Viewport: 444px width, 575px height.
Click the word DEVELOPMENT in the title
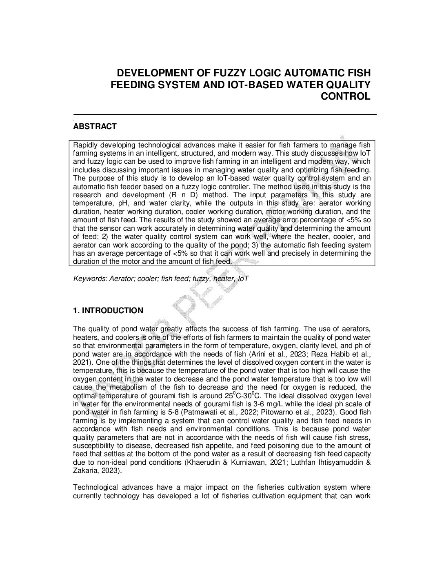point(149,74)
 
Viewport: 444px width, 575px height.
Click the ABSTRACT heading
point(95,127)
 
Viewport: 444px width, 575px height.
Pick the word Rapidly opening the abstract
point(85,145)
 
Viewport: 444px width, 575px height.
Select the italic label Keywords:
point(87,279)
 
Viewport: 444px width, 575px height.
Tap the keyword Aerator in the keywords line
point(115,279)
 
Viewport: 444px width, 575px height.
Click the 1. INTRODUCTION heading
point(108,311)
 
